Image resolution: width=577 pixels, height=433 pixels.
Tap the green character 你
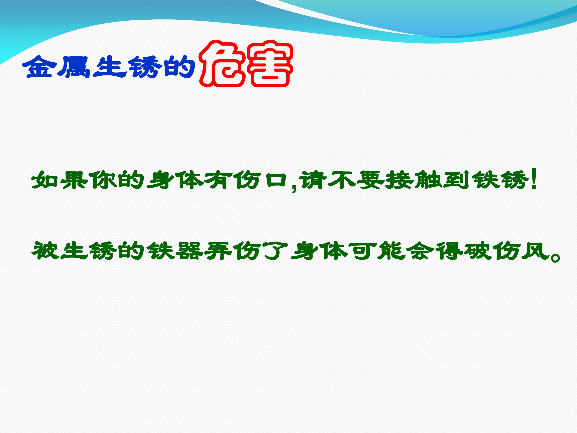[x=102, y=180]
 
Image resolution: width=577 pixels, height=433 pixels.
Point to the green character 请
[x=313, y=180]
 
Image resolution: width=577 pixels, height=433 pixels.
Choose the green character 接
[x=399, y=180]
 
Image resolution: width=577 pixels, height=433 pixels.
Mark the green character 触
[x=428, y=180]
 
